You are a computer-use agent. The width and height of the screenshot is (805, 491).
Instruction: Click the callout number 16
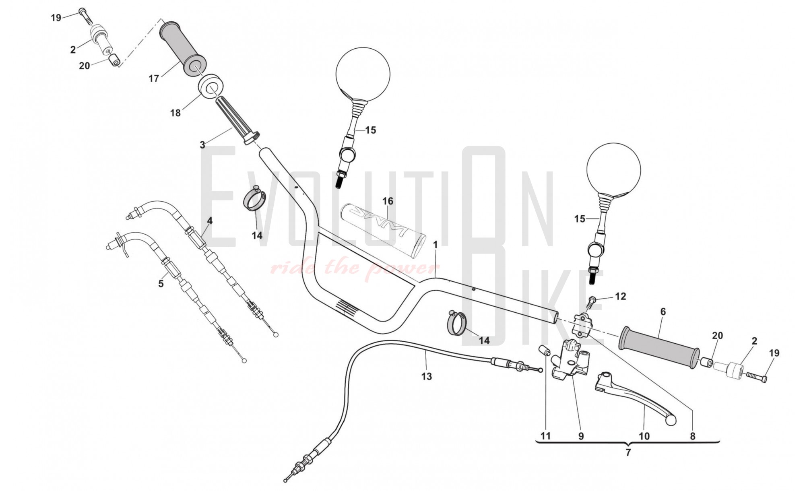click(x=388, y=201)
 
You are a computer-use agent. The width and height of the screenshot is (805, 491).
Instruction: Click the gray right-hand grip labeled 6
click(x=659, y=347)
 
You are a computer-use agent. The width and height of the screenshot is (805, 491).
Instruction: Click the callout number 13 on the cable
click(x=426, y=376)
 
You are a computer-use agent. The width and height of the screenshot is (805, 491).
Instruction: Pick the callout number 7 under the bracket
click(x=628, y=452)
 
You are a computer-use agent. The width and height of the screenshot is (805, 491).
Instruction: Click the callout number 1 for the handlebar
click(x=435, y=245)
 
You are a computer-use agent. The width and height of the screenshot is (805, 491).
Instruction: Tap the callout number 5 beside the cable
click(x=161, y=284)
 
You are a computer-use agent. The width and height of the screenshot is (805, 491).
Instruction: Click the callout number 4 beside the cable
click(x=210, y=221)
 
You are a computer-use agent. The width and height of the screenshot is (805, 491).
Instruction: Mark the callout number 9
click(x=581, y=436)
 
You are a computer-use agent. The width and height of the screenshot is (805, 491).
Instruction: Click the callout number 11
click(x=545, y=436)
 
